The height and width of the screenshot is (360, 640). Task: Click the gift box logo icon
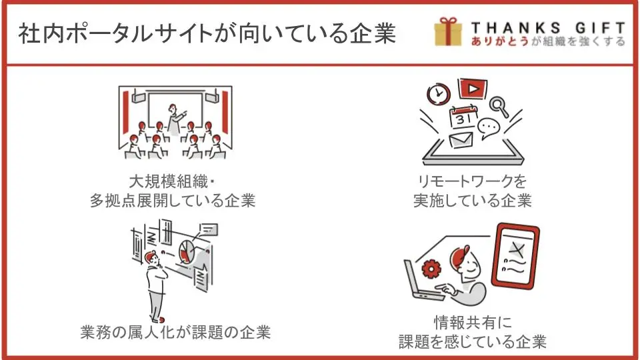(x=448, y=31)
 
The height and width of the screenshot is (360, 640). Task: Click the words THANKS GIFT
(x=548, y=28)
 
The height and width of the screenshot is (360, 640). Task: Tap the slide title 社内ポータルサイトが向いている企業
(x=207, y=33)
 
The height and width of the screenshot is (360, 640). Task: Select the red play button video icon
(x=473, y=89)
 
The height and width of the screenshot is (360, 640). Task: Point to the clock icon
(x=439, y=94)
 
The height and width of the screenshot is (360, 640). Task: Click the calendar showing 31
(x=463, y=117)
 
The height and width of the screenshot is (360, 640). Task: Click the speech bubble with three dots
(x=489, y=128)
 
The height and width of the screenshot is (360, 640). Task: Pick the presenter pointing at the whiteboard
(x=175, y=119)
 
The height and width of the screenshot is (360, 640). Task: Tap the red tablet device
(x=515, y=255)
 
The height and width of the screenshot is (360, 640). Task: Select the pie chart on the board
(x=187, y=251)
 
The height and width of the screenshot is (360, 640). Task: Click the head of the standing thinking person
(x=151, y=257)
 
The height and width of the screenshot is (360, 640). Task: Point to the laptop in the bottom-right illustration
(x=421, y=281)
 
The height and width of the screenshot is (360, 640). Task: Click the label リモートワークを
(x=472, y=181)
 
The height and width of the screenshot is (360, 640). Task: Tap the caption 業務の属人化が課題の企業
(x=175, y=332)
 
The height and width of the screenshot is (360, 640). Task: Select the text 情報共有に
(x=473, y=323)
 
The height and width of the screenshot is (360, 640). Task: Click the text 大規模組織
(x=169, y=181)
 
